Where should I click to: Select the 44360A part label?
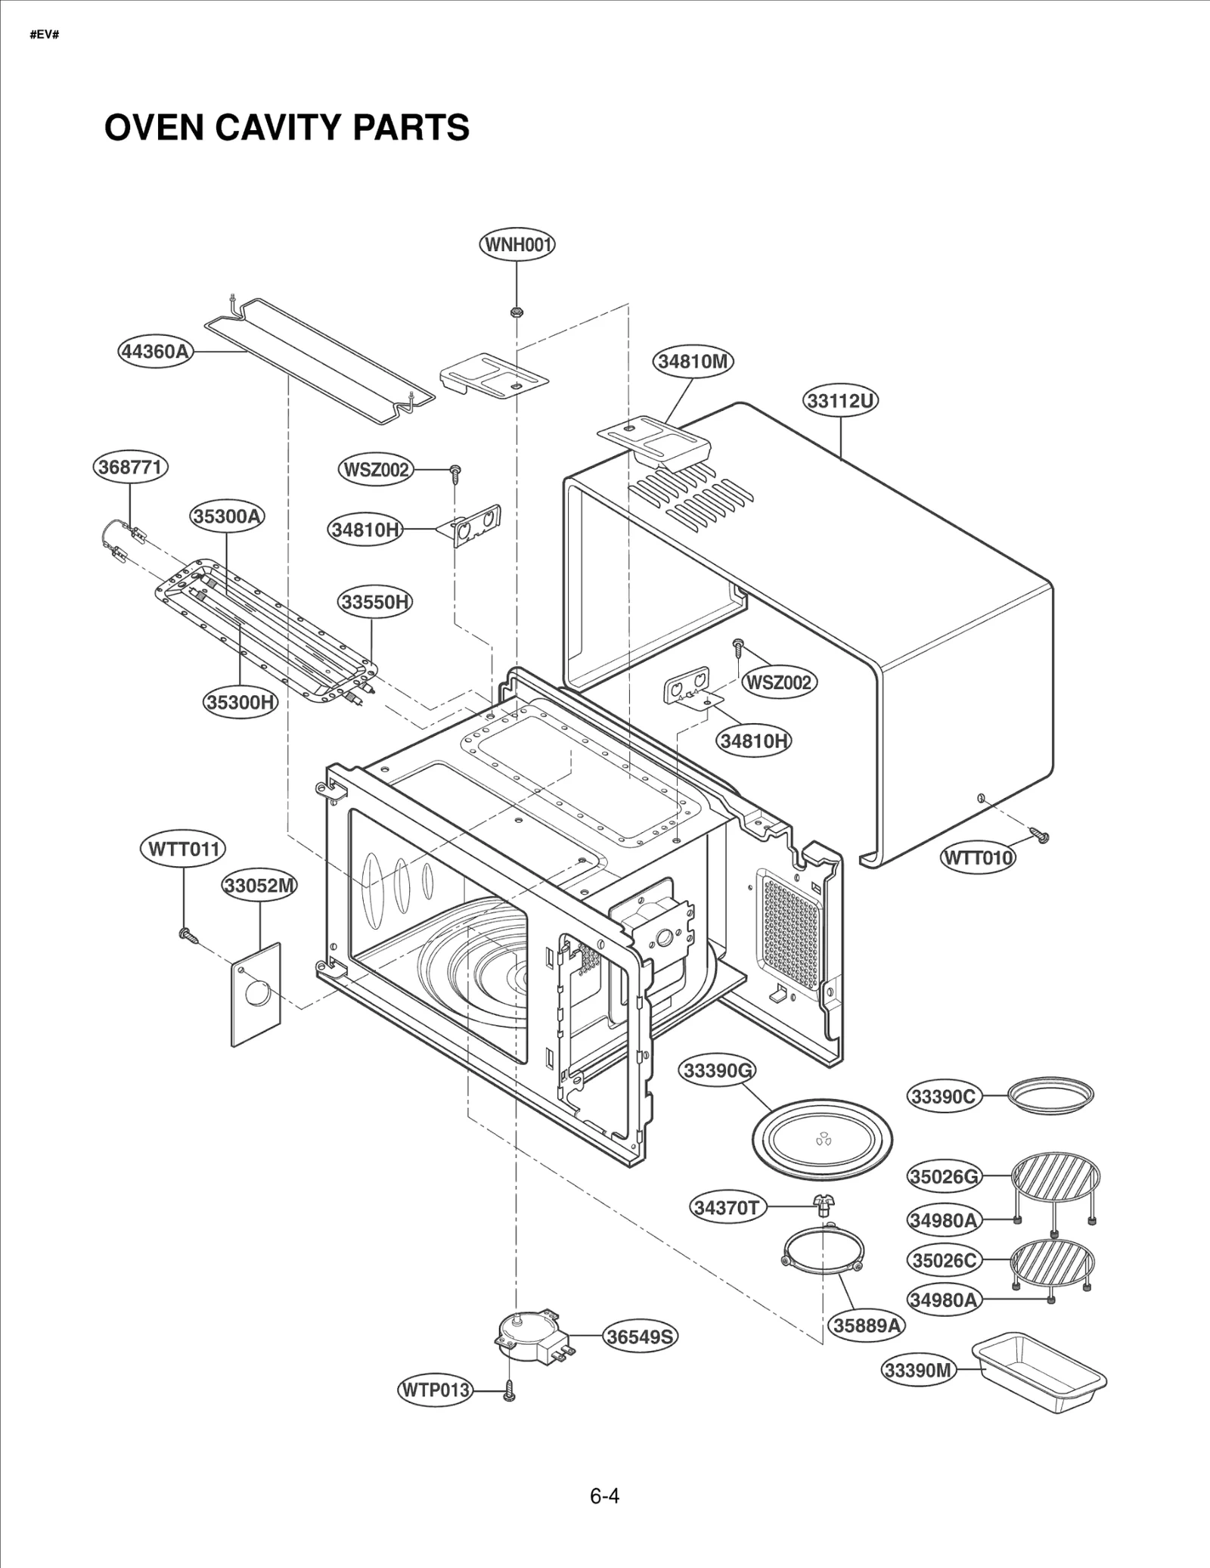pos(155,352)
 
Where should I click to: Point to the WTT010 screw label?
pos(977,858)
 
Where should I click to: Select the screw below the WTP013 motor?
pos(509,1389)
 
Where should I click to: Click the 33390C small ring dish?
pos(1051,1095)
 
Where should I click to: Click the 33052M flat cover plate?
pos(256,994)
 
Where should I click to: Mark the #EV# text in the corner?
pos(44,36)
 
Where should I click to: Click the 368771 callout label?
pos(130,467)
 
